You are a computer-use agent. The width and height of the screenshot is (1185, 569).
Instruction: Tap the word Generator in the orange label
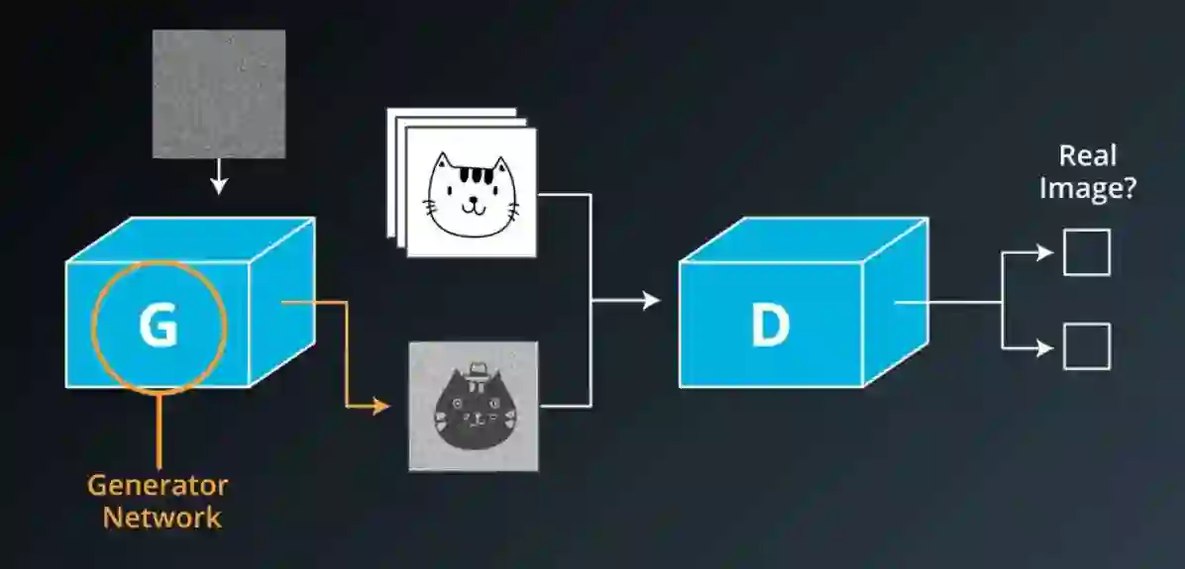pos(157,486)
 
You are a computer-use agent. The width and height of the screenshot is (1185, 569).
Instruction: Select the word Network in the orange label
pos(162,517)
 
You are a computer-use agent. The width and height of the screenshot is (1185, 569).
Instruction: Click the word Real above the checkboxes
pos(1087,155)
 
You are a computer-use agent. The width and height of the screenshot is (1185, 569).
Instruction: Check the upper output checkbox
pos(1086,252)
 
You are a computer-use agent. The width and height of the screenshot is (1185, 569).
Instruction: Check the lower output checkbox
pos(1086,346)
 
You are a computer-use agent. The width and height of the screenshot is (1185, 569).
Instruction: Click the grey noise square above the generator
pos(219,94)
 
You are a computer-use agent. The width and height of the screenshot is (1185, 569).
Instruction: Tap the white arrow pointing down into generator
pos(220,182)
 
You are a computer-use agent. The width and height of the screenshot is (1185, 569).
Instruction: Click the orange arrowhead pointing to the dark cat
pos(381,405)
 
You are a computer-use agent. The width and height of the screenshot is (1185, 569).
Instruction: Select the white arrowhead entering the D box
pos(651,300)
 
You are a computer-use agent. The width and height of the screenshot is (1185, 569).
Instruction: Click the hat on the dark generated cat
pos(477,370)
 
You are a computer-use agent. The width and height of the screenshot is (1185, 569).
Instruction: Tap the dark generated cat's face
pos(474,411)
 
